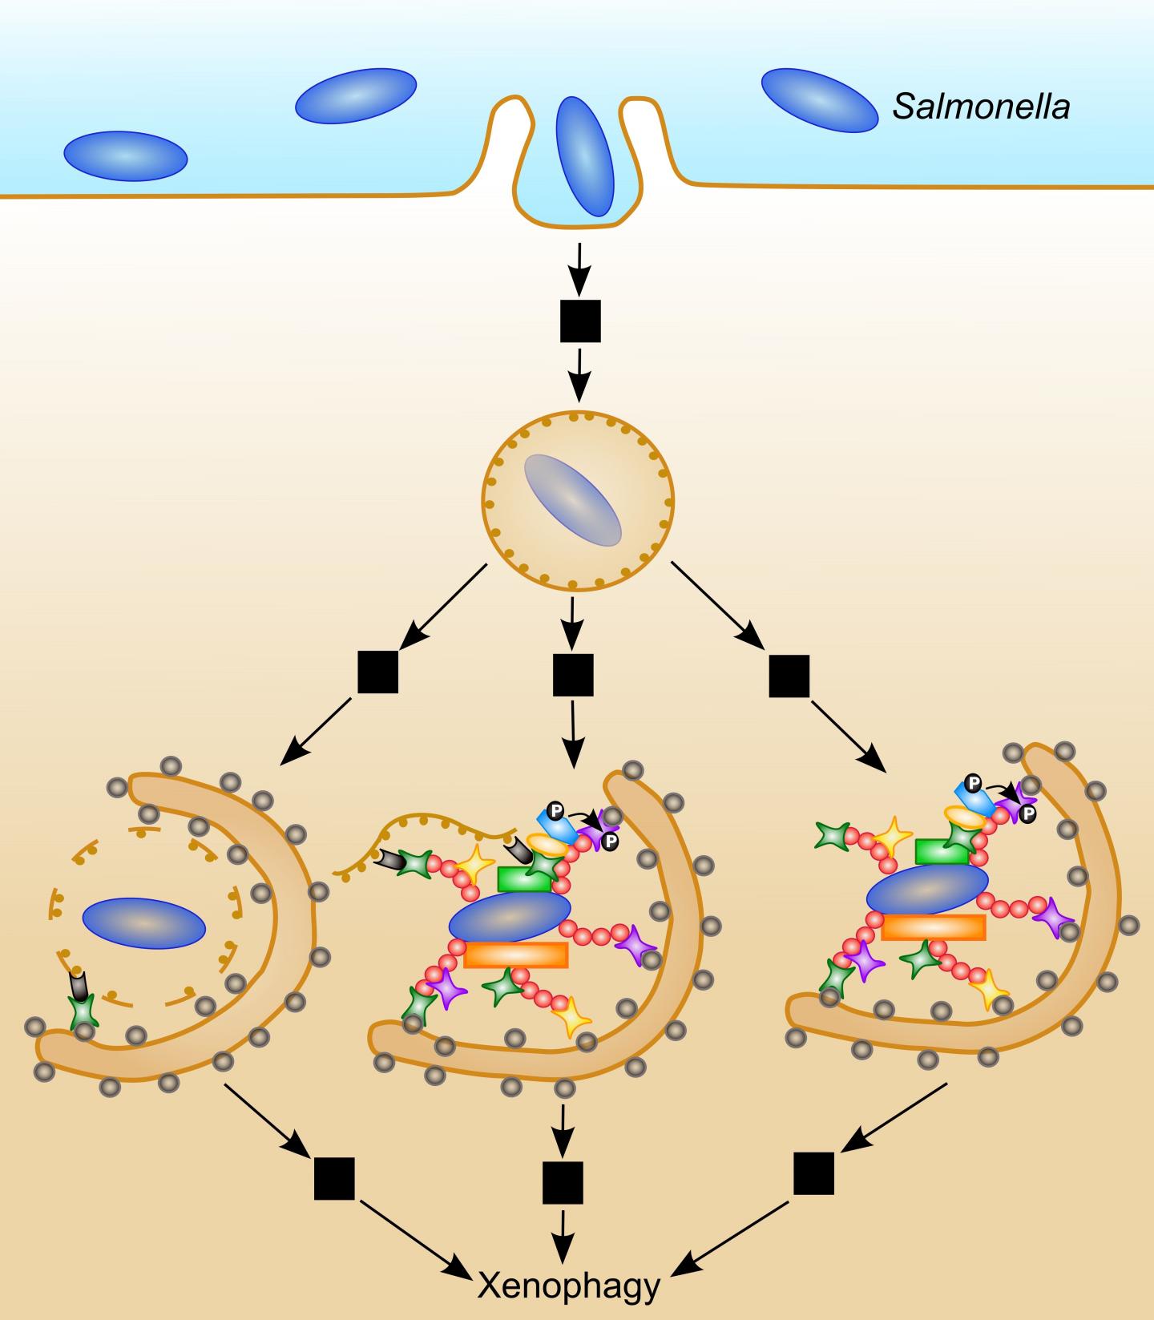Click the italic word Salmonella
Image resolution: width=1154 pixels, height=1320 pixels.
point(982,106)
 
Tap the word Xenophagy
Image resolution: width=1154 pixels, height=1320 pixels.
point(569,1286)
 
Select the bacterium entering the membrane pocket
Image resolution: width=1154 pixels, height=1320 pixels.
point(584,156)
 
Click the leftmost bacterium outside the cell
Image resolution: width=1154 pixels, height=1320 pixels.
point(125,155)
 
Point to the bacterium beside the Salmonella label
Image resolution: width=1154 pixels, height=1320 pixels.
point(819,100)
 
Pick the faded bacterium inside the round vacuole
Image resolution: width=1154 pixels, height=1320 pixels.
point(572,500)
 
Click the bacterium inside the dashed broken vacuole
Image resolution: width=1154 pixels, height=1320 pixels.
point(143,923)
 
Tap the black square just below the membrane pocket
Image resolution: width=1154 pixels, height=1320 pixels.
point(579,321)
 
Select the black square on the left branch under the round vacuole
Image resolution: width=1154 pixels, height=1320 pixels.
point(377,672)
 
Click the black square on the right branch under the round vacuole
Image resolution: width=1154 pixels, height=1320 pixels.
point(789,676)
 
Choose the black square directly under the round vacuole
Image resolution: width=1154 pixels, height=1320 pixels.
point(573,675)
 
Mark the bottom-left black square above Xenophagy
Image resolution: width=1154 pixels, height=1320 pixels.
point(334,1179)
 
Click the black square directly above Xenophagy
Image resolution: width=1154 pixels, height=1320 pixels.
point(563,1183)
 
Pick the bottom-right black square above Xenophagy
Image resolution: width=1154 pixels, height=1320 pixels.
point(814,1174)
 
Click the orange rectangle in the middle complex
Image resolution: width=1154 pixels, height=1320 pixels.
point(516,955)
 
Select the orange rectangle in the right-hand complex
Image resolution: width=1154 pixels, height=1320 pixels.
point(933,927)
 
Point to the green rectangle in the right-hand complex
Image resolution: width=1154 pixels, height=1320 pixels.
point(942,851)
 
